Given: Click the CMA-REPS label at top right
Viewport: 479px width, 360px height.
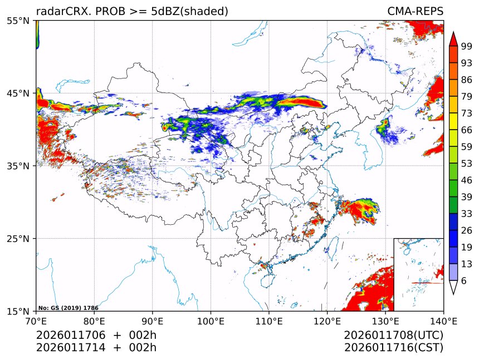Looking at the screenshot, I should pos(415,12).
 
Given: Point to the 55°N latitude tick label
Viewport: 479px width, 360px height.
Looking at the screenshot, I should pos(18,21).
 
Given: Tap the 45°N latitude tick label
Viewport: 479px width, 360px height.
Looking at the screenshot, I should pos(18,93).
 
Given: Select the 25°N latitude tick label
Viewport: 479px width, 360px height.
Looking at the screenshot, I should pos(18,239).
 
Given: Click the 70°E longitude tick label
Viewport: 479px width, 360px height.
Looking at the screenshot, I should pos(36,320).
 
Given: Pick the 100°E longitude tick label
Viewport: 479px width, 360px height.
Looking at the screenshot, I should pos(211,320).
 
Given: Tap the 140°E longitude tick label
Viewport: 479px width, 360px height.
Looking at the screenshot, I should pos(443,320).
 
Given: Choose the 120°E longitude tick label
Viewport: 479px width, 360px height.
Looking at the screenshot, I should pos(327,320).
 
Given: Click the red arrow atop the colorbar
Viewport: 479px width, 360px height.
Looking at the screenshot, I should pos(453,38).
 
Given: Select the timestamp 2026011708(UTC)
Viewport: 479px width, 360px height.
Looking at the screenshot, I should pos(393,336).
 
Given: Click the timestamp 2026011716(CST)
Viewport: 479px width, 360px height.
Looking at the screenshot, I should pos(393,348).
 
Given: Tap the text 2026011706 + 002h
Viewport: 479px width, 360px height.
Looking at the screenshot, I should pos(96,336).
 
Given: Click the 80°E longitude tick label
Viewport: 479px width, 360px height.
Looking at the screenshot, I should pos(94,320).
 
